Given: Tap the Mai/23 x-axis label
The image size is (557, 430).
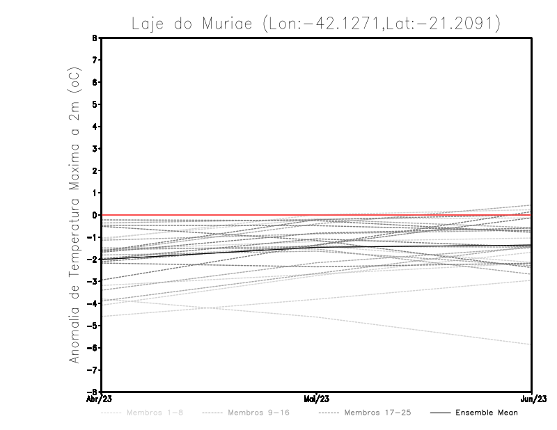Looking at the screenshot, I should (x=317, y=399).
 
